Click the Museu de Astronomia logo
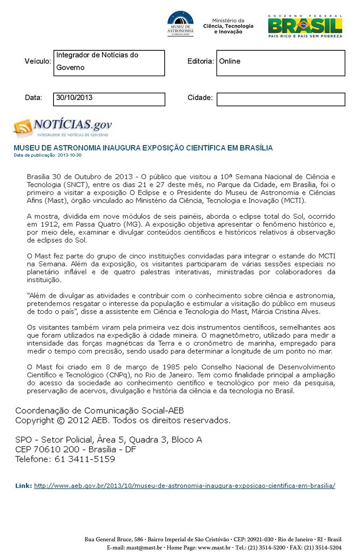coord(180,23)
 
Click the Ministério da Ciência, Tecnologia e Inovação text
coord(228,26)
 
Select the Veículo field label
coord(38,61)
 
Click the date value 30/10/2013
coord(74,97)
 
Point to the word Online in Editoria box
coord(229,61)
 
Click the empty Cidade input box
coord(280,99)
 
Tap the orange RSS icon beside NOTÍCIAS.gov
coord(23,128)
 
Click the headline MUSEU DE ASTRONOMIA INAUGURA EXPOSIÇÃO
coord(143,148)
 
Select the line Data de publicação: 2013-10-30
coord(48,155)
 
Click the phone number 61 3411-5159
coord(85,459)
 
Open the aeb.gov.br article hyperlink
coord(184,486)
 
